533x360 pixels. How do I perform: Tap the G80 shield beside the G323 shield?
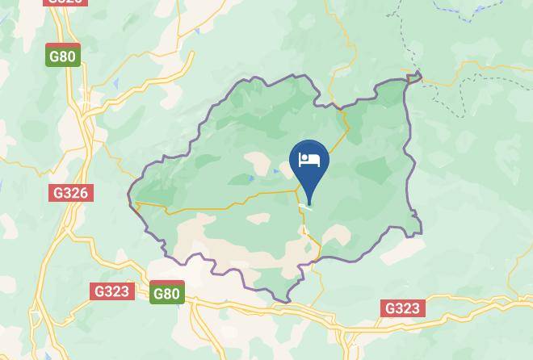pos(166,293)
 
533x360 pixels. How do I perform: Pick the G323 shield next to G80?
pos(111,291)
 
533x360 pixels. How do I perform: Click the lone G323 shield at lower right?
pos(402,308)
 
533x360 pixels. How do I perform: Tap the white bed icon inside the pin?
pos(308,160)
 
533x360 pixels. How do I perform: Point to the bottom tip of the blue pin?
pos(308,205)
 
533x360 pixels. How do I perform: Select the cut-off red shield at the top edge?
pos(64,2)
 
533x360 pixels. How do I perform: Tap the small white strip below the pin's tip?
pos(304,207)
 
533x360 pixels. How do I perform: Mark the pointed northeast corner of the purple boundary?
pos(419,75)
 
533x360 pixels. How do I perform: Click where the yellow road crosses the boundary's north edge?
pos(346,108)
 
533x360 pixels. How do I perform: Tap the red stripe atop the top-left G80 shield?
pos(63,47)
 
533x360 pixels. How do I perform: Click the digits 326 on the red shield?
pos(78,193)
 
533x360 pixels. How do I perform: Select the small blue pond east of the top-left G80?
pos(117,84)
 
